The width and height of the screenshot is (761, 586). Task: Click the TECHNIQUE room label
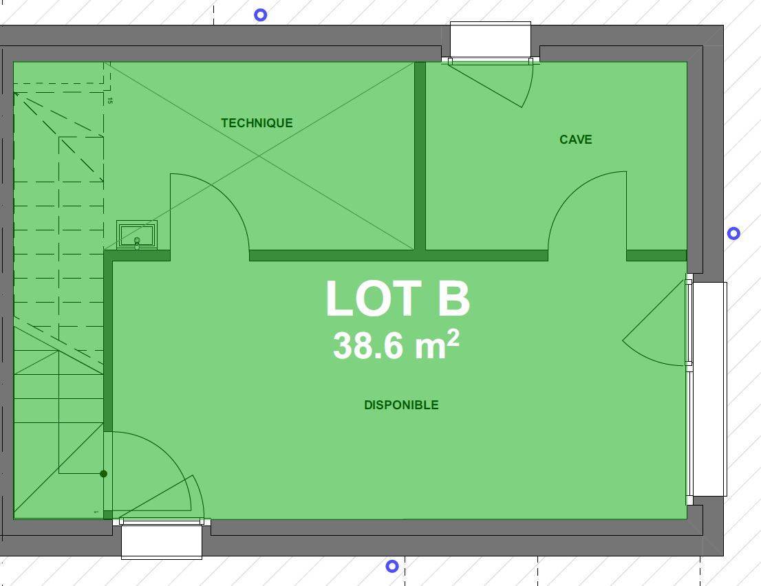coord(257,123)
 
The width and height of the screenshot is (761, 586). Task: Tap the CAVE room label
coord(576,140)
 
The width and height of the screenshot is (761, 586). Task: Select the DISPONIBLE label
coord(401,405)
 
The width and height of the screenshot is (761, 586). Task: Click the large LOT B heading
coord(398,298)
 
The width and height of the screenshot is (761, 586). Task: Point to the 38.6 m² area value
coord(396,345)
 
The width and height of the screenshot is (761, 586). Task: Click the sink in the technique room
coord(137,235)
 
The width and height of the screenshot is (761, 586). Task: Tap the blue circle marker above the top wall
coord(261,15)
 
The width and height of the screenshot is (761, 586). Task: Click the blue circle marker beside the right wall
coord(733,234)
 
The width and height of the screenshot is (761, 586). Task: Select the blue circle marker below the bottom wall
coord(392,566)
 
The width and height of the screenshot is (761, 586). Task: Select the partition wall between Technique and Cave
coord(420,155)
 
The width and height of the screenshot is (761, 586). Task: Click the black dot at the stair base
coord(103,473)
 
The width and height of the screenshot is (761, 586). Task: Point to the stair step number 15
coord(110,101)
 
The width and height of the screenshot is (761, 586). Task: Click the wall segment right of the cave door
coord(656,256)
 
